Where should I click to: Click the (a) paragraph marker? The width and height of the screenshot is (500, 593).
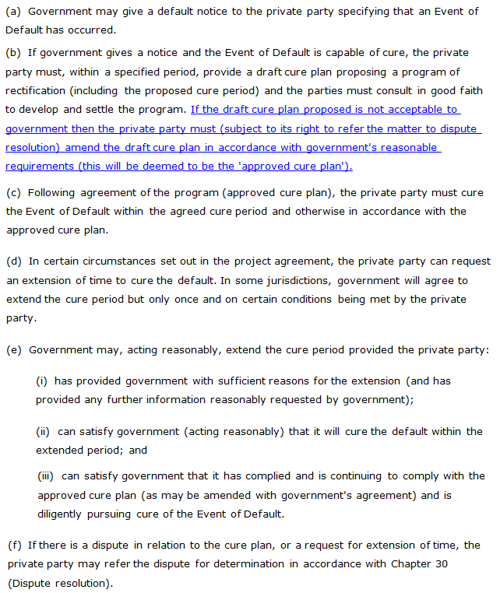[13, 12]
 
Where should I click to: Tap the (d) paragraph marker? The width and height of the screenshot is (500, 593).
[14, 261]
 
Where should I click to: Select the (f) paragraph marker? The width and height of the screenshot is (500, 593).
[13, 546]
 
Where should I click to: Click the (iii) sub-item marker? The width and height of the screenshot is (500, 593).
[46, 475]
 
